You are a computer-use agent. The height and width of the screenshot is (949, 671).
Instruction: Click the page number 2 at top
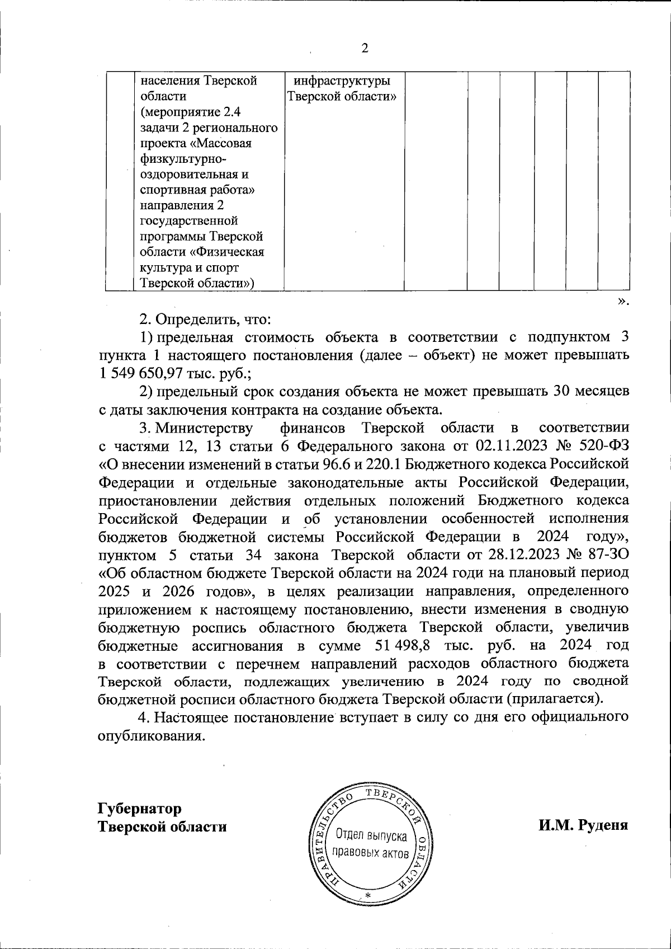point(365,49)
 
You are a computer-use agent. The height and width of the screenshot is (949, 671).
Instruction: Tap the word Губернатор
point(140,809)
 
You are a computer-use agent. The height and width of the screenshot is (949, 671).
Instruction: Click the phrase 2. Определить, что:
point(205,320)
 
